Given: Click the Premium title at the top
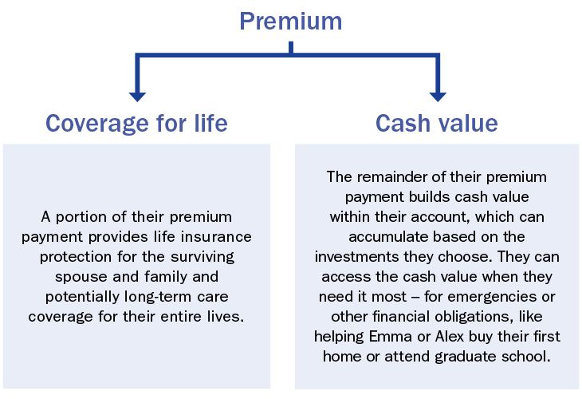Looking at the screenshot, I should point(291,21).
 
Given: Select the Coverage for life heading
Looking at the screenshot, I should point(136,124).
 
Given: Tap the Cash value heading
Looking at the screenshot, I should point(436,124).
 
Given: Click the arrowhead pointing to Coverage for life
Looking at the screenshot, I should point(137,95).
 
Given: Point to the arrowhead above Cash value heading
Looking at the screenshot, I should point(437,95).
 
